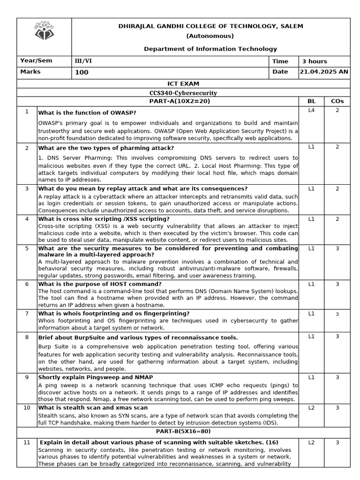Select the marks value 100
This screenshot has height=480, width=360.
[82, 73]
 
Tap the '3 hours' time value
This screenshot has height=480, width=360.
[315, 61]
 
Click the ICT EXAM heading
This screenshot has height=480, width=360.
[183, 84]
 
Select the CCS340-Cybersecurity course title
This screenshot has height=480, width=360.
[183, 93]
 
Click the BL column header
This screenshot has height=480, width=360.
[311, 101]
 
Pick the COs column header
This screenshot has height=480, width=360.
[337, 101]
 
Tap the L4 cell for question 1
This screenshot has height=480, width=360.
[311, 111]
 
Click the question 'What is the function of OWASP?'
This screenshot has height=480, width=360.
[87, 113]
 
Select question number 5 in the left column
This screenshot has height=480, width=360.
[27, 248]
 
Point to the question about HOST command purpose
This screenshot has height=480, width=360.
[100, 284]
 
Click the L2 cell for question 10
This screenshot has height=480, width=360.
[311, 408]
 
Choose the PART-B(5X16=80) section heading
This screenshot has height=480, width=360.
[183, 430]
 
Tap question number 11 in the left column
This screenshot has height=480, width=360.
[27, 442]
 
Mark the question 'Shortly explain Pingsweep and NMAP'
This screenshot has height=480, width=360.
[96, 377]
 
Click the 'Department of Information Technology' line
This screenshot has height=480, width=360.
[210, 49]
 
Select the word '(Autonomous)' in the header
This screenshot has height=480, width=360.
[210, 36]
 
